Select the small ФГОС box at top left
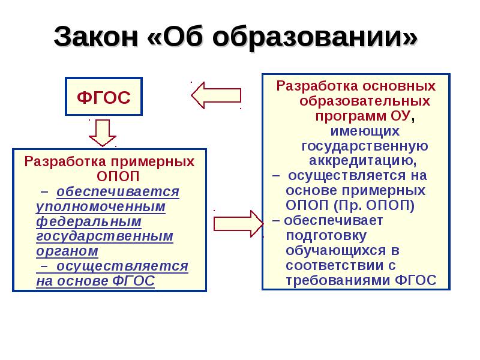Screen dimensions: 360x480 [x=104, y=97]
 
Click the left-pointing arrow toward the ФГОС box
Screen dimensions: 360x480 [x=215, y=95]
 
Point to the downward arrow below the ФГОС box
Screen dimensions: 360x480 [x=103, y=133]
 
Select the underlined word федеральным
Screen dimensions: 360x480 [x=88, y=221]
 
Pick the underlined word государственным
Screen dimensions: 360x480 [x=104, y=236]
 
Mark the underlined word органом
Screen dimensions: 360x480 [x=67, y=251]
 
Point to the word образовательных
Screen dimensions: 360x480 [x=364, y=100]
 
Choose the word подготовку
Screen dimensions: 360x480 [x=325, y=235]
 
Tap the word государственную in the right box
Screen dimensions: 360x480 [x=364, y=146]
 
